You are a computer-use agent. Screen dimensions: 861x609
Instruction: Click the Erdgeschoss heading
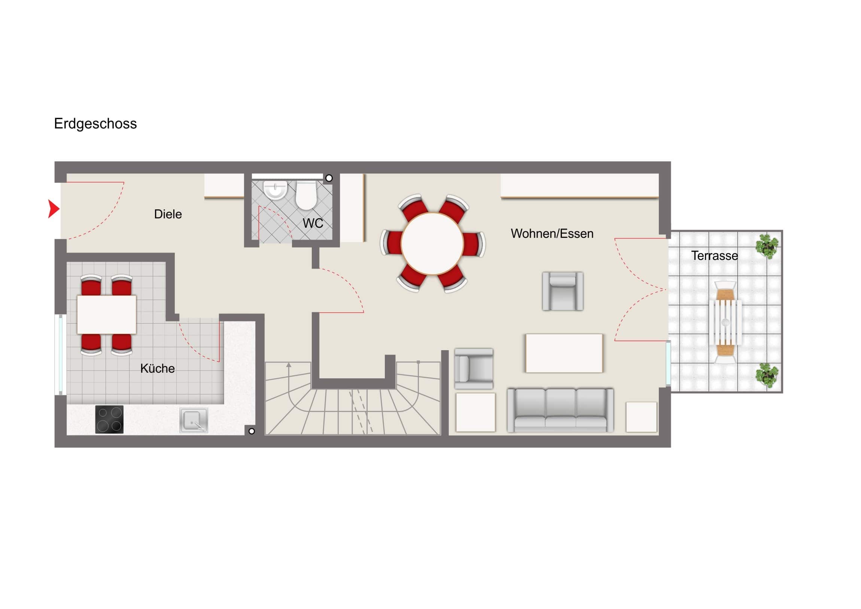pyautogui.click(x=95, y=124)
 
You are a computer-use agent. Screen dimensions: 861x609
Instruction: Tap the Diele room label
pyautogui.click(x=168, y=214)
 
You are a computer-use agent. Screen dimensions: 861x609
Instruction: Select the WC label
pyautogui.click(x=313, y=223)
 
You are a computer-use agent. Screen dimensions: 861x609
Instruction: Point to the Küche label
pyautogui.click(x=158, y=369)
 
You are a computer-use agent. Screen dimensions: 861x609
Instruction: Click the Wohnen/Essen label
pyautogui.click(x=552, y=234)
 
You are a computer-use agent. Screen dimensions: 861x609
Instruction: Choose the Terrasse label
pyautogui.click(x=714, y=256)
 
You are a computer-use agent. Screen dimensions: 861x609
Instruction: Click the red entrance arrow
pyautogui.click(x=54, y=209)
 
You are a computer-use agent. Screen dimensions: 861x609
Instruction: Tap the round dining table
pyautogui.click(x=432, y=243)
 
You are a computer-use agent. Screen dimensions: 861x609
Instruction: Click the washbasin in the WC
pyautogui.click(x=275, y=190)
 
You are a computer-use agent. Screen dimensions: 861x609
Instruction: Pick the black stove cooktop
pyautogui.click(x=109, y=419)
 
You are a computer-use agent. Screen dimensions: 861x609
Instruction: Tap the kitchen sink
pyautogui.click(x=194, y=420)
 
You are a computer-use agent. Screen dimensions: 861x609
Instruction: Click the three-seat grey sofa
pyautogui.click(x=560, y=410)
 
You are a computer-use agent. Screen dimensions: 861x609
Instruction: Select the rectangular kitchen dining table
pyautogui.click(x=106, y=315)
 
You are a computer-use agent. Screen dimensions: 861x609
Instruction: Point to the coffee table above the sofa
pyautogui.click(x=564, y=353)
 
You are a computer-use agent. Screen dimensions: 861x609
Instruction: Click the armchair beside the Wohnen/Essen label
pyautogui.click(x=563, y=291)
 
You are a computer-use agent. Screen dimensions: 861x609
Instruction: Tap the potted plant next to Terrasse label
pyautogui.click(x=767, y=246)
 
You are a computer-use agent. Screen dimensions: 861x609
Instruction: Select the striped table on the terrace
pyautogui.click(x=725, y=322)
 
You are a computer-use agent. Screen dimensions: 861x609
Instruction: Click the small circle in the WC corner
pyautogui.click(x=329, y=178)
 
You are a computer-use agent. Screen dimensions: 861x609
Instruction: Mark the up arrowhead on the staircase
pyautogui.click(x=289, y=365)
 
